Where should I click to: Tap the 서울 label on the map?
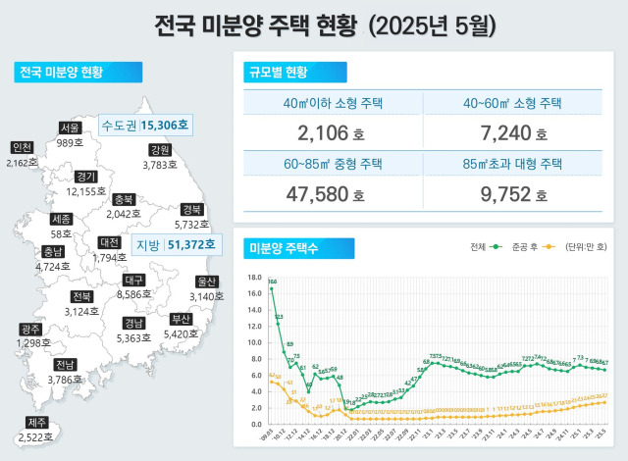(x=70, y=128)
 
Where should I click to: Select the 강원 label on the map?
(x=160, y=150)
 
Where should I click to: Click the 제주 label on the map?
(x=36, y=423)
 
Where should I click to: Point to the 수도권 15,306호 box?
(x=149, y=126)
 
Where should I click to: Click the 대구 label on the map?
(x=135, y=280)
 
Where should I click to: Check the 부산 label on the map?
(x=181, y=319)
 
